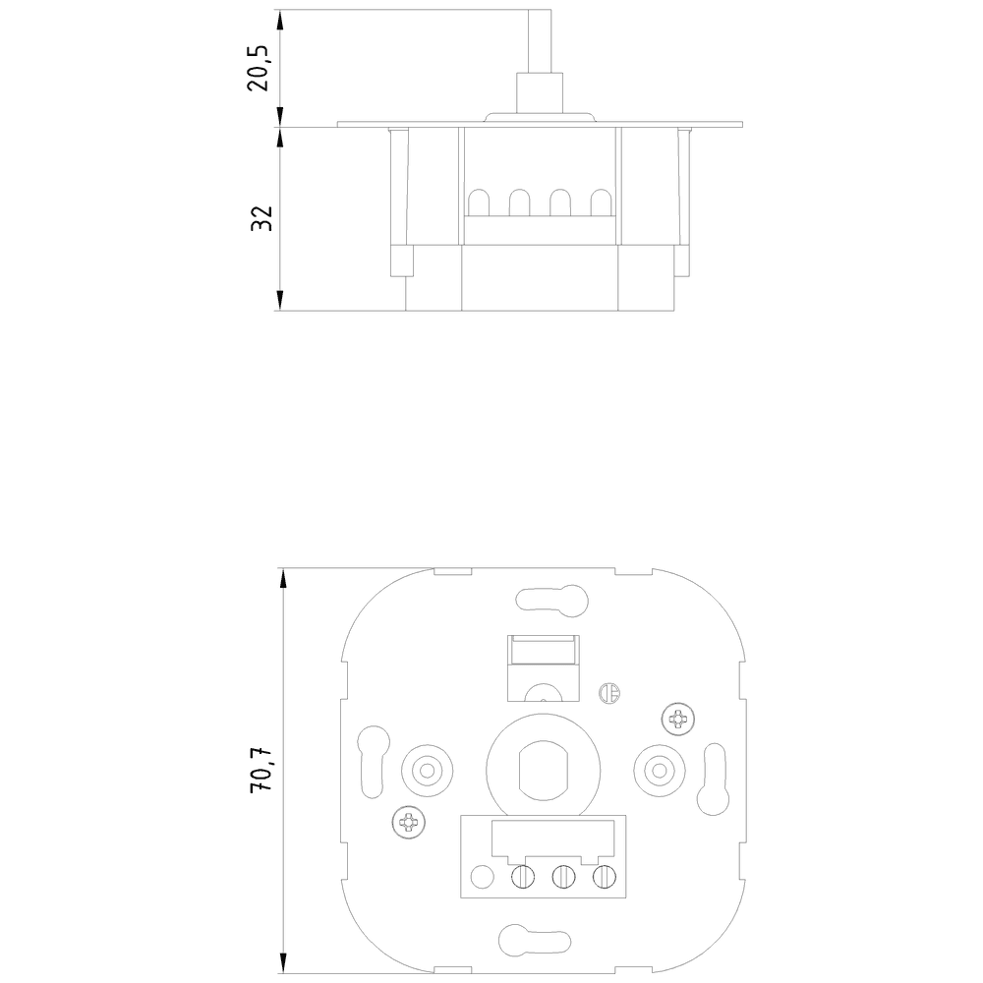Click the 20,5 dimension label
259,68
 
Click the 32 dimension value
260,218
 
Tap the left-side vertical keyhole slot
372,761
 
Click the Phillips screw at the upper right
677,720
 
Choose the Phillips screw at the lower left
406,821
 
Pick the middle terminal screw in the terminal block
562,874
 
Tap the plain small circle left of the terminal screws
483,874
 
